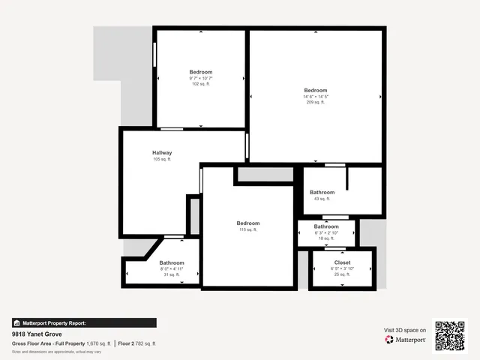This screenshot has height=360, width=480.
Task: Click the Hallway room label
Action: (162, 153)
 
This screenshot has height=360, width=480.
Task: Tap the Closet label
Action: (342, 262)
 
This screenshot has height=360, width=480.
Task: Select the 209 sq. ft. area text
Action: (316, 102)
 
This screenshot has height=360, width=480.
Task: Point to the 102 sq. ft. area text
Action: (200, 84)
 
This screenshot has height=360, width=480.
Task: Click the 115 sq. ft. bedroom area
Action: (248, 229)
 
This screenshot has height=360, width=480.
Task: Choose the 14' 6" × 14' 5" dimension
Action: (316, 96)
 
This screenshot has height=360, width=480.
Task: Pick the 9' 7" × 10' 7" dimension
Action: (200, 78)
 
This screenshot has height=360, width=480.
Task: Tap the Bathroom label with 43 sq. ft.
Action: (322, 193)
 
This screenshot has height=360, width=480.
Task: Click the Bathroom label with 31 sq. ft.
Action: (172, 262)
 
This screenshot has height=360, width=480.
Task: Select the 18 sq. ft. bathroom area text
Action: (326, 238)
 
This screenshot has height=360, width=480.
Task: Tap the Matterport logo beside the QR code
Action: (406, 340)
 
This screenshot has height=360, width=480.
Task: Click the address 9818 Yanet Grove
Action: (36, 334)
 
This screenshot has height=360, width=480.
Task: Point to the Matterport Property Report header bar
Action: (84, 322)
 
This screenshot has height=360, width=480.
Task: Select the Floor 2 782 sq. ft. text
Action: (137, 343)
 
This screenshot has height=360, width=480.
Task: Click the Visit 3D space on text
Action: (405, 330)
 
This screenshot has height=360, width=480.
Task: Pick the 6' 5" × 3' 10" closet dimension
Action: (342, 268)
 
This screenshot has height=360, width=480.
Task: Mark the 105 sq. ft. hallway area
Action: (162, 159)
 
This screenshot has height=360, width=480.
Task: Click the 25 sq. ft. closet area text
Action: (342, 274)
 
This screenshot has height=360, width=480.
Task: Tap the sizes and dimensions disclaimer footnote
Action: (56, 351)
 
